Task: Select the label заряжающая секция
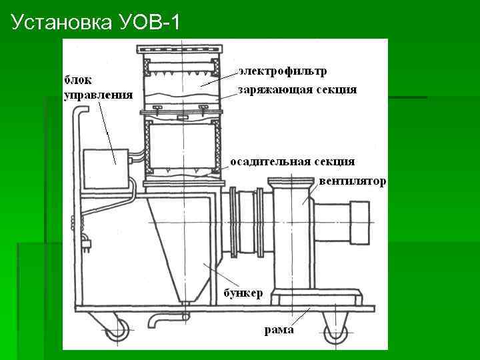(297, 89)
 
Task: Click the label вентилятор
(352, 181)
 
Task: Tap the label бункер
(243, 293)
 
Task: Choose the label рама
(279, 330)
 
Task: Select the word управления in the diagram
(97, 94)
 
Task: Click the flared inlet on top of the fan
(291, 181)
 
